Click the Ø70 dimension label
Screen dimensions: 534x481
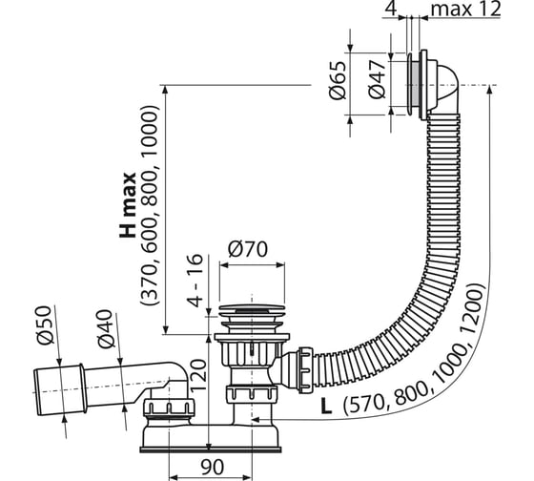tap(248, 249)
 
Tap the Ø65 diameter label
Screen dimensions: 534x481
tap(338, 80)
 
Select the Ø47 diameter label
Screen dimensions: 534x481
tap(377, 80)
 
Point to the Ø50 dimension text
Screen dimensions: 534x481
tap(45, 325)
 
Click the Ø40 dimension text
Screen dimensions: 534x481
tap(106, 329)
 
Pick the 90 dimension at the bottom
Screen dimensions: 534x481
tap(212, 467)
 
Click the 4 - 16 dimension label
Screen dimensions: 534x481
tap(195, 281)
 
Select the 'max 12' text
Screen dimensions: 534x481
tap(466, 10)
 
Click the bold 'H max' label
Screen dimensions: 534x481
tap(128, 205)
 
